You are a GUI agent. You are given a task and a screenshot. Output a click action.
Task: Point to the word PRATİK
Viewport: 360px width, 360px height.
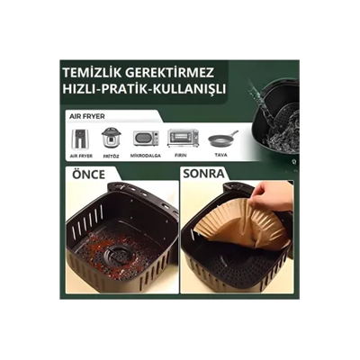(135, 90)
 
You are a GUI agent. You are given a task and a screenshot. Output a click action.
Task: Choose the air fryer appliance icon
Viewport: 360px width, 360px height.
(81, 138)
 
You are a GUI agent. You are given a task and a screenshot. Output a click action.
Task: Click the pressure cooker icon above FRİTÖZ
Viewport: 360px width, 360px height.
(111, 138)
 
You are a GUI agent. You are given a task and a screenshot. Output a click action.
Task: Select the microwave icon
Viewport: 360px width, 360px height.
(145, 139)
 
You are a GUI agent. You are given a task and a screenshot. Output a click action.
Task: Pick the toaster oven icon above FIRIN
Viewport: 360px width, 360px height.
(183, 138)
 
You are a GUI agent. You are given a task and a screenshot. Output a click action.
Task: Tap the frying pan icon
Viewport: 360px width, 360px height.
(222, 139)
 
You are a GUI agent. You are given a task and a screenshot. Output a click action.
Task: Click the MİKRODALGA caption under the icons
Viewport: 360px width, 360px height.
(145, 155)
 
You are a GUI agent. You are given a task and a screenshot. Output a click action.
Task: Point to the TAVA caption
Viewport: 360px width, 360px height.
(222, 155)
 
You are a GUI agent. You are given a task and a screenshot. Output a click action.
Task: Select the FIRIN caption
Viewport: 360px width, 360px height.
(183, 155)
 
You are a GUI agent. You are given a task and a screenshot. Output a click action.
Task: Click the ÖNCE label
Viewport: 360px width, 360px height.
(88, 173)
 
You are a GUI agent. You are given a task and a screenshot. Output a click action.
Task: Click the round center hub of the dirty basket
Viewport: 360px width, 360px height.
(116, 255)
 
